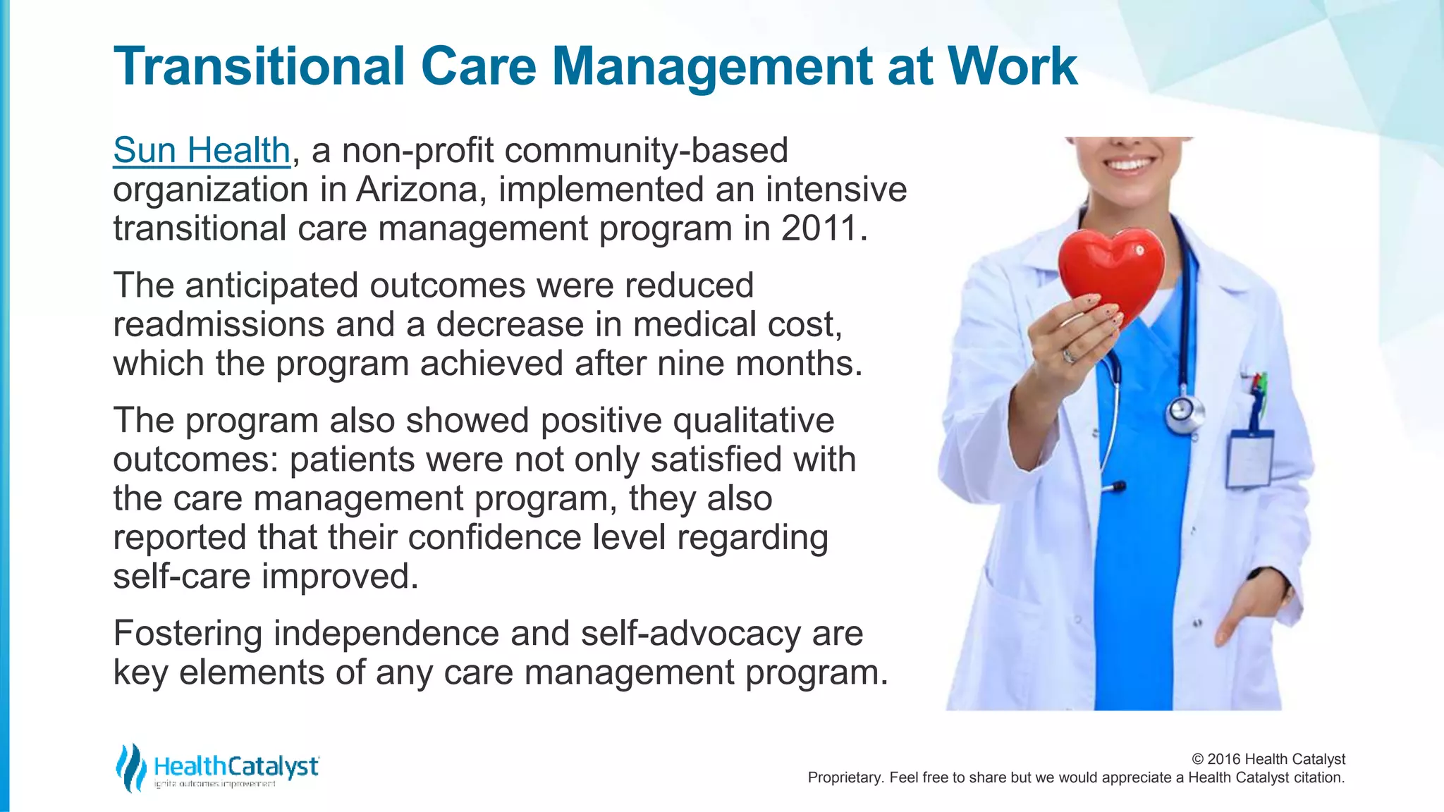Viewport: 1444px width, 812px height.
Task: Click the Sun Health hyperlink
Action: coord(202,151)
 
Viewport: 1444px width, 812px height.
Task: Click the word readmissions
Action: coord(218,325)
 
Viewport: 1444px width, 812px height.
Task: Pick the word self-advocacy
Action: coord(690,633)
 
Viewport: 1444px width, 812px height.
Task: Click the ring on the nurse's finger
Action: coord(1069,355)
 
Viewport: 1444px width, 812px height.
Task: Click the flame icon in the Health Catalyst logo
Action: coord(130,768)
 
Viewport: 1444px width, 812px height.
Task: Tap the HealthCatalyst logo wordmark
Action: coord(236,766)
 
